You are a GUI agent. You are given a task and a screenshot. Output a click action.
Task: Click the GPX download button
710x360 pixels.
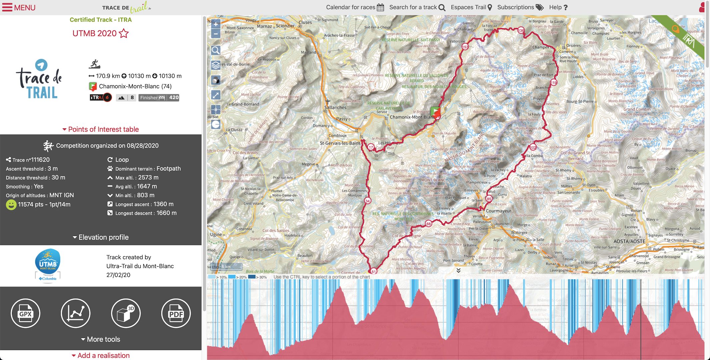pos(25,313)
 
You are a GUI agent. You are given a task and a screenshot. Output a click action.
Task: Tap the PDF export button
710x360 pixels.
pos(176,313)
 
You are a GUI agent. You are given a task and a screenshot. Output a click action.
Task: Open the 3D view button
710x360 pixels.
pos(126,313)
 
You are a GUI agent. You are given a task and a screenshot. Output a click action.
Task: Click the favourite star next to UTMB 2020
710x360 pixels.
pos(124,33)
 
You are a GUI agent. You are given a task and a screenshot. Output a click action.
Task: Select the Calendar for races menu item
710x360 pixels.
pos(354,7)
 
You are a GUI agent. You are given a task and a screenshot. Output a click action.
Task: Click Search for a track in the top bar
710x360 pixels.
pos(417,7)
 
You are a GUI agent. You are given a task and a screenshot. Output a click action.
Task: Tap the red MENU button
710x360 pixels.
pos(19,7)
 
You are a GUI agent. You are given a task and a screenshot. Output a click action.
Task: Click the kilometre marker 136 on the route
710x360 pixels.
pos(521,31)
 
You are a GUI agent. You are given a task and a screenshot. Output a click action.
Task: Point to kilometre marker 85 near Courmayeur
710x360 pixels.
pos(489,199)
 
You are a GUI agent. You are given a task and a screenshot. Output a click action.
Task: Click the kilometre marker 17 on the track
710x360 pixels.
pos(371,147)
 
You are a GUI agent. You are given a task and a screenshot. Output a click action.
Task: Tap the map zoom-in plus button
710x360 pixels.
pos(216,24)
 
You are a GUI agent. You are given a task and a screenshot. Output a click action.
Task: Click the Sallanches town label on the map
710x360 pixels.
pos(335,107)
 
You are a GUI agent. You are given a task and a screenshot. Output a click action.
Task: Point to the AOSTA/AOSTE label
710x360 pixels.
pos(629,241)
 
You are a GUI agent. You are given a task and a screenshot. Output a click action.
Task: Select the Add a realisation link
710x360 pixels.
pos(100,355)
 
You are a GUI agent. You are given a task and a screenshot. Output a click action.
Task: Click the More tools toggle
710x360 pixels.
pos(100,339)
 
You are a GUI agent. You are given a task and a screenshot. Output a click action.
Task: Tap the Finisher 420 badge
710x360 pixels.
pos(159,98)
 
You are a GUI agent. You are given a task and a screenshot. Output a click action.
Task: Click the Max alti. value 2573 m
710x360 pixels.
pos(148,178)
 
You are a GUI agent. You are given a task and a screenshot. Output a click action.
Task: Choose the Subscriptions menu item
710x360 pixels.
pos(520,7)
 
